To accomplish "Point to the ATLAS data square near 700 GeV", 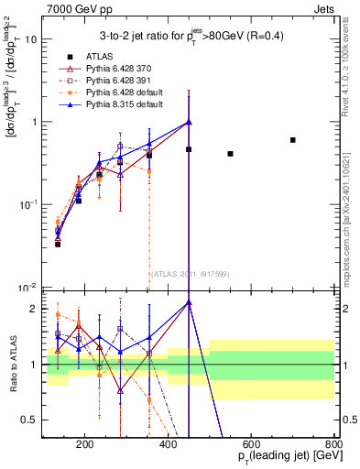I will (292, 140).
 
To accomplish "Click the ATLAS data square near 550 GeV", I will (230, 154).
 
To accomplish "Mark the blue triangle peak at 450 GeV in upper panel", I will (189, 122).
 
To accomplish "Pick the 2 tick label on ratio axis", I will (34, 309).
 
